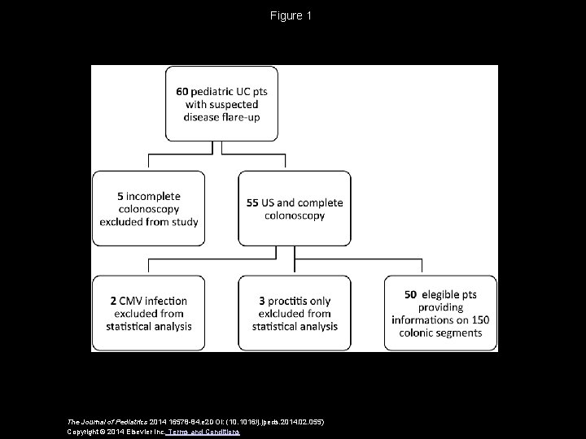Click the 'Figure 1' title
291,16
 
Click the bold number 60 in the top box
182,92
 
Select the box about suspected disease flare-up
221,105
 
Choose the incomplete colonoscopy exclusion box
148,208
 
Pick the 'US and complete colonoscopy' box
294,209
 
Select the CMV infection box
148,313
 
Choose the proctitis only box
294,313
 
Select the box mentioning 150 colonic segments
440,313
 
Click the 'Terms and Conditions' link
208,432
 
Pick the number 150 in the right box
488,319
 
